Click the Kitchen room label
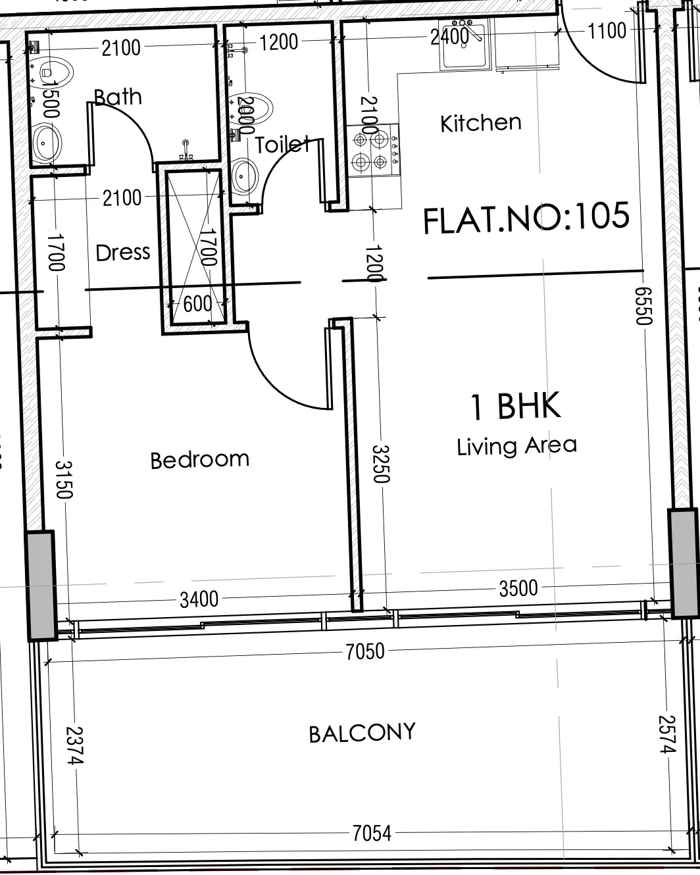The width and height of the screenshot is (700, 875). (x=480, y=123)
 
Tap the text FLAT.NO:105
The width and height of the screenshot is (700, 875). (x=526, y=217)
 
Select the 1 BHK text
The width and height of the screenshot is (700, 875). (x=515, y=406)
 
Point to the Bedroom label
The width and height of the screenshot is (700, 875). (x=199, y=459)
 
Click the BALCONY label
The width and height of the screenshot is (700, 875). (x=362, y=733)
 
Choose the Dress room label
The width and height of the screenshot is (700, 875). (x=123, y=253)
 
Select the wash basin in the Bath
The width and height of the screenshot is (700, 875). (x=46, y=142)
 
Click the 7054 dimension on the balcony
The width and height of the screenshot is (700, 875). (x=372, y=834)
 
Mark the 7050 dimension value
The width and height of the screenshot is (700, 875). (x=364, y=651)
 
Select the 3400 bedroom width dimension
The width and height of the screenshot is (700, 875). (x=199, y=599)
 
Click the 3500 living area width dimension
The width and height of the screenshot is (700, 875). (x=518, y=588)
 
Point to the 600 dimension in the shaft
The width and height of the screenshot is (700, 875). (x=197, y=304)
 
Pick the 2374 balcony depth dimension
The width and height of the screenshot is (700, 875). (x=75, y=745)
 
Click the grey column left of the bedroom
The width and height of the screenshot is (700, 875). (x=41, y=586)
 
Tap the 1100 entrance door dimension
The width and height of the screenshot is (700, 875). (x=607, y=31)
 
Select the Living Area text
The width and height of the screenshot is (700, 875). (x=516, y=446)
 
